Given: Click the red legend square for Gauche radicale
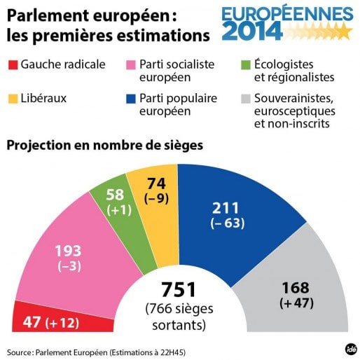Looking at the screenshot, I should point(13,65).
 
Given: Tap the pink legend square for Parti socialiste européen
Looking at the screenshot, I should point(130,65).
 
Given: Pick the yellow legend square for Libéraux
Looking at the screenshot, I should point(13,99).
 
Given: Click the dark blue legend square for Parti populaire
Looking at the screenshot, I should point(130,99).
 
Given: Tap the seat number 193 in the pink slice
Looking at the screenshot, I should point(68,250).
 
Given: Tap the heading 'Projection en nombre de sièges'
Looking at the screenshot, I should point(105,146).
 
